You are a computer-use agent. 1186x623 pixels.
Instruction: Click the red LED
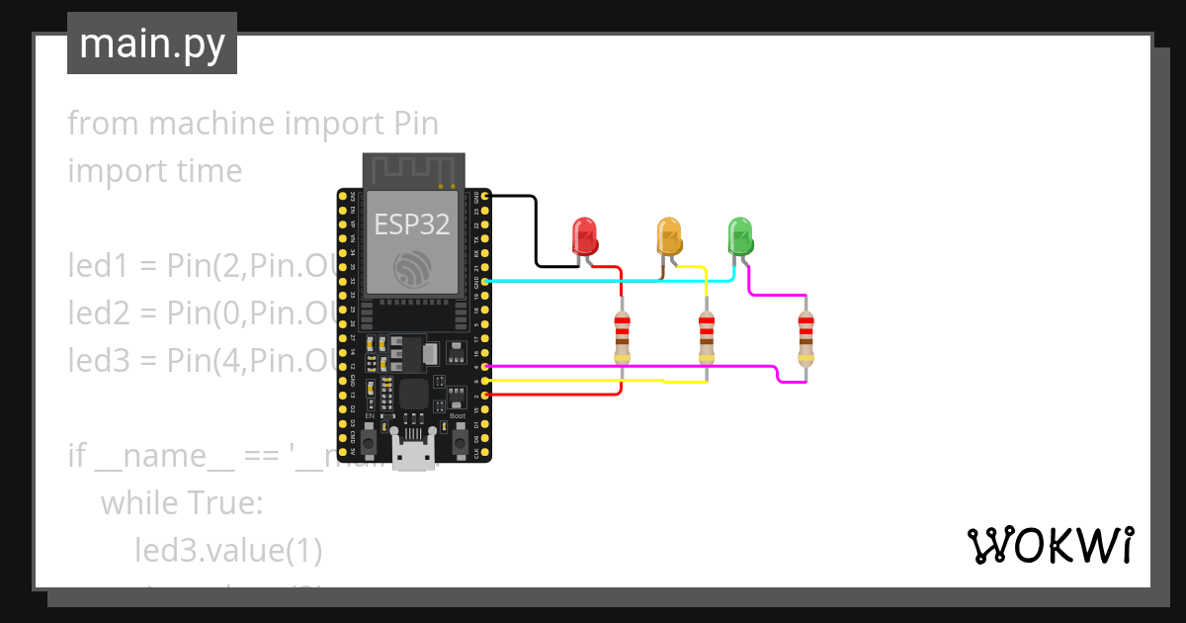585,237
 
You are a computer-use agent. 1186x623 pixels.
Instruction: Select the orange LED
669,236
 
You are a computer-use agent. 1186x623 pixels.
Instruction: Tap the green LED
739,236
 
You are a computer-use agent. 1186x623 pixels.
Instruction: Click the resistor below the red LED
622,336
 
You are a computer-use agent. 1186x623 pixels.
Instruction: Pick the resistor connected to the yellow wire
706,336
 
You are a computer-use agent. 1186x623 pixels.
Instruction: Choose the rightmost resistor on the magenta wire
806,336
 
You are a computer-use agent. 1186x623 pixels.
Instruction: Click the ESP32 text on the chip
412,224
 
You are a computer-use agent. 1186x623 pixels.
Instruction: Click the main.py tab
152,44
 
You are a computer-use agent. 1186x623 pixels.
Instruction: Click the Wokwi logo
1049,545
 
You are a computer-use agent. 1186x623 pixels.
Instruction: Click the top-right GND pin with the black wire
484,197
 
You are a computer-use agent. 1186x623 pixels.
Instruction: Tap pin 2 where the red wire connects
484,396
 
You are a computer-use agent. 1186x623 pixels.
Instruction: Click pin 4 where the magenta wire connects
484,367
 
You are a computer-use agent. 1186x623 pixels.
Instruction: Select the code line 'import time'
155,171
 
